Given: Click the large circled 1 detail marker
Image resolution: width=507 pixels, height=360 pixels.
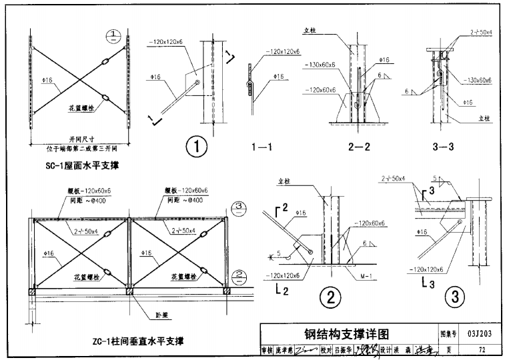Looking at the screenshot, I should tap(197, 146).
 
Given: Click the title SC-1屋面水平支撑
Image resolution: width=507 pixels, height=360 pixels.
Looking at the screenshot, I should tap(78, 162).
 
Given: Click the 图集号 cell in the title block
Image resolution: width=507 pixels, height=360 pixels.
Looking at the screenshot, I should tap(446, 333).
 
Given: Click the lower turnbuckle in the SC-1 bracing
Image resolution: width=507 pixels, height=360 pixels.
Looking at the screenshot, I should tap(105, 99).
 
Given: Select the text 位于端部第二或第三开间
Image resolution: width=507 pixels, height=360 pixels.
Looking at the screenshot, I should tap(79, 147).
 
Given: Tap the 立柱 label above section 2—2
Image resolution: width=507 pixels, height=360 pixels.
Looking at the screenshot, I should tap(327, 30).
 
